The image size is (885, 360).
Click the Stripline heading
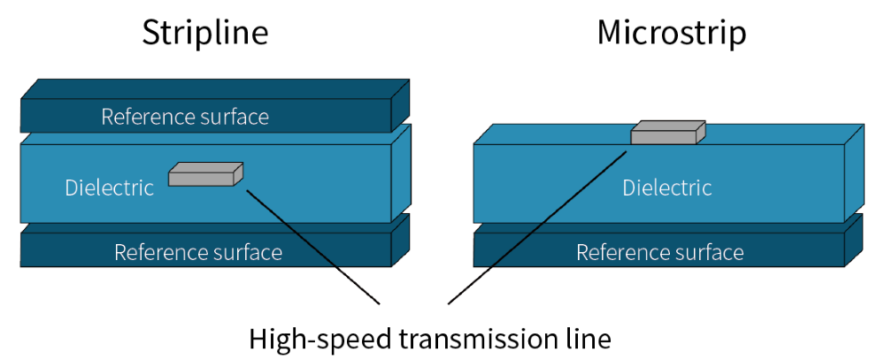(x=205, y=33)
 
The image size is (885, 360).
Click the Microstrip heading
(x=672, y=33)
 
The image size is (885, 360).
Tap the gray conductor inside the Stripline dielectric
(x=201, y=178)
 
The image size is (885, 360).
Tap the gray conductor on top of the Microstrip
(x=664, y=135)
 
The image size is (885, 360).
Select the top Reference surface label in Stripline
(x=185, y=117)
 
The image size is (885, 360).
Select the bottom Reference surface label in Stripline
(x=198, y=252)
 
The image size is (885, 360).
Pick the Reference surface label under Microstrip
(x=660, y=252)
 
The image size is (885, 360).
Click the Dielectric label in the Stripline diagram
(x=109, y=188)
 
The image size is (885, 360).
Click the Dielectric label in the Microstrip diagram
(x=667, y=188)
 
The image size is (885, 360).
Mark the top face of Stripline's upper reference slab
(x=214, y=88)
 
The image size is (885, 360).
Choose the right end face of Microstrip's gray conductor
(x=701, y=132)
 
